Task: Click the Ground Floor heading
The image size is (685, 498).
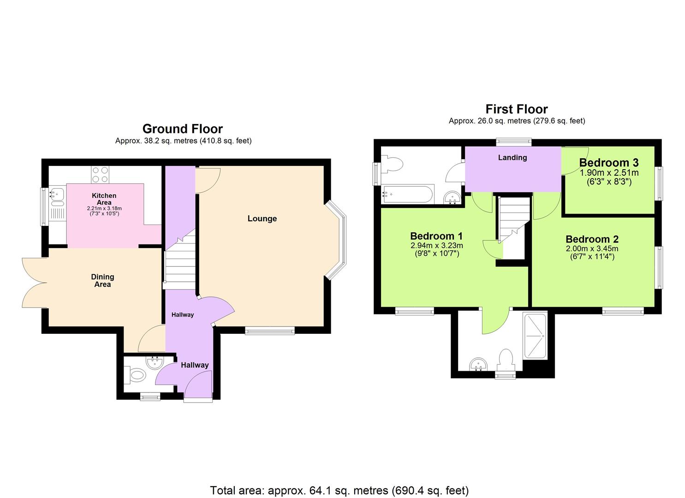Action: click(182, 129)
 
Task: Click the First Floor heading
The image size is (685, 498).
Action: click(516, 109)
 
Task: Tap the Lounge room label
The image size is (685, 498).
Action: click(262, 219)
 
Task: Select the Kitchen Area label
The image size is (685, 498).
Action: click(104, 199)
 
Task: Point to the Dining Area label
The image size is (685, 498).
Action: click(102, 280)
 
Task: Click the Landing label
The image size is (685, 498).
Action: click(512, 158)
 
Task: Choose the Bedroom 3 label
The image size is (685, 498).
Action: click(608, 163)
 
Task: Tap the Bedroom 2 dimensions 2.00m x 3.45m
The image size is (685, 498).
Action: click(592, 249)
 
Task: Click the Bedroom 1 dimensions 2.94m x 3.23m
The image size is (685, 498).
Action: click(436, 245)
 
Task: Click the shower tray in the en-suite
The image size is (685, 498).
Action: click(535, 336)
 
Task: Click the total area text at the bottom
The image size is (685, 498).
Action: click(339, 490)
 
